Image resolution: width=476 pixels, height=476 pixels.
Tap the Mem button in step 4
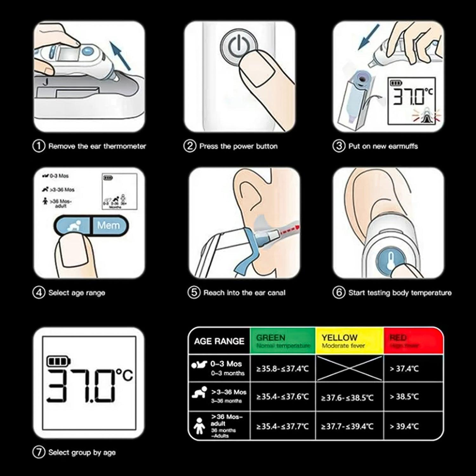point(109,225)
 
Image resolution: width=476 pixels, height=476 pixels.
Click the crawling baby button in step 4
point(74,225)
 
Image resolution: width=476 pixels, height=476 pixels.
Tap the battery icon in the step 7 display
point(58,361)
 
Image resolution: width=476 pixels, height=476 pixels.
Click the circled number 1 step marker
point(39,146)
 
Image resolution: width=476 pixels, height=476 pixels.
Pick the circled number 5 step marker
point(194,293)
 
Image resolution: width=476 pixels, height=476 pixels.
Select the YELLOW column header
point(349,341)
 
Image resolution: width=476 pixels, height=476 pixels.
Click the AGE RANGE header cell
point(219,341)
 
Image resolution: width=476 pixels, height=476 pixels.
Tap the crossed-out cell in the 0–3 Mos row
point(349,368)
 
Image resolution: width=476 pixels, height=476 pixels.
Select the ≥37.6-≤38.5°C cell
point(347,397)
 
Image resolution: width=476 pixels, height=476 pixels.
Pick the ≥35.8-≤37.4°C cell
point(282,369)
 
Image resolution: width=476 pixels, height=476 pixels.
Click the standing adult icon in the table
point(199,426)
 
